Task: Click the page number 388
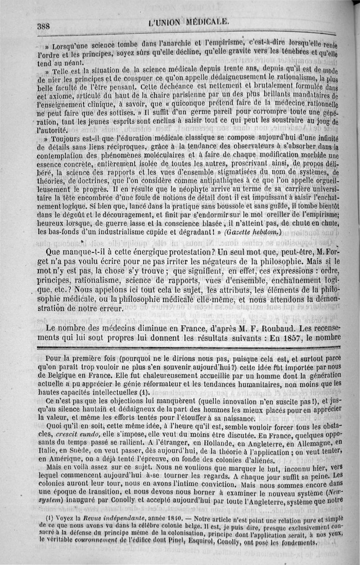43,26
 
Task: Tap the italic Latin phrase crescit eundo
80,435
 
